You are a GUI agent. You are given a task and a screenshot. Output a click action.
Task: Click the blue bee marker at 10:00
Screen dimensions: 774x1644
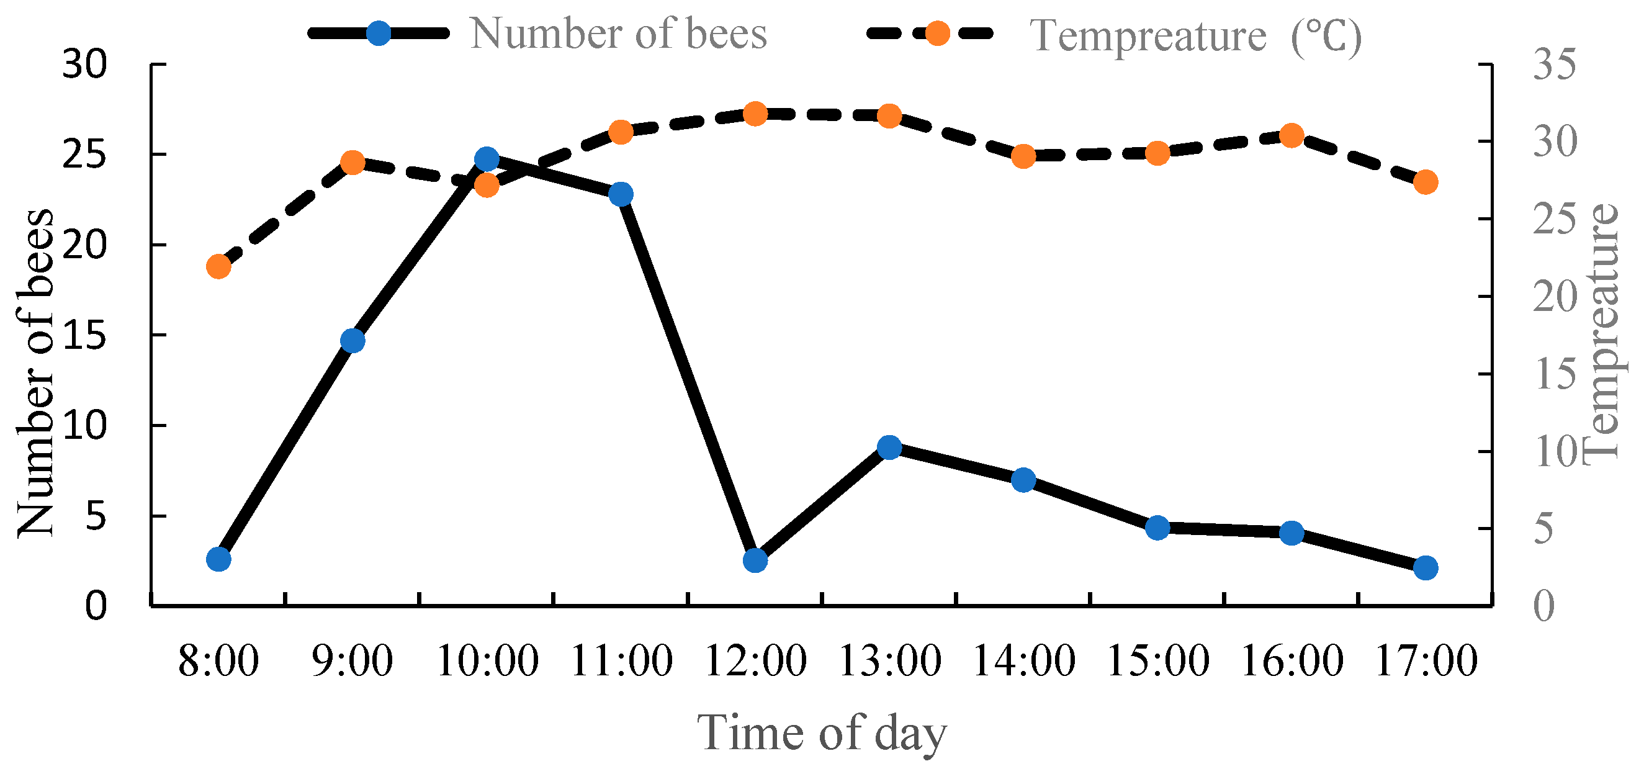(487, 159)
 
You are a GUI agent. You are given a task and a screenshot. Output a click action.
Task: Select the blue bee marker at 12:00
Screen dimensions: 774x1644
(755, 560)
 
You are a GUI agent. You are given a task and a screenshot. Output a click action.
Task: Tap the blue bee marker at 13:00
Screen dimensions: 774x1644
(889, 448)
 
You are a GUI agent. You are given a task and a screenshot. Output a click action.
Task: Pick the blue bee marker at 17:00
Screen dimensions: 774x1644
(1426, 567)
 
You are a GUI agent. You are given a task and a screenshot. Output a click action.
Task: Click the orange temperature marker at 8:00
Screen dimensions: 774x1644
(218, 266)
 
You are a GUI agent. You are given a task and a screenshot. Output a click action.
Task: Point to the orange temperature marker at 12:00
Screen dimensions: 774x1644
(755, 114)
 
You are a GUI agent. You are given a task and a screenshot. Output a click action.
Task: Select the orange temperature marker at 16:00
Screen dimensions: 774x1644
(1291, 135)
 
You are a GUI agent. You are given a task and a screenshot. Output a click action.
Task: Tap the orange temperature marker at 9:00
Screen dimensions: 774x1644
(353, 163)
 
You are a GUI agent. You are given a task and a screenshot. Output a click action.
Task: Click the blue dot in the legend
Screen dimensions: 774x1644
(379, 32)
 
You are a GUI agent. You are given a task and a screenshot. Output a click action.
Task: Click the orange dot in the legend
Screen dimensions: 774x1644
(937, 32)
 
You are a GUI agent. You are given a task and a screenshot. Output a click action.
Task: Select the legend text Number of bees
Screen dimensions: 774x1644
(618, 33)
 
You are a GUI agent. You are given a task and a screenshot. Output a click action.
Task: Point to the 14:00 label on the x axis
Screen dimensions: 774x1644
(1023, 661)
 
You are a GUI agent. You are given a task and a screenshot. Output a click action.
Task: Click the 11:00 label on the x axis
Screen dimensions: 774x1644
(621, 661)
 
